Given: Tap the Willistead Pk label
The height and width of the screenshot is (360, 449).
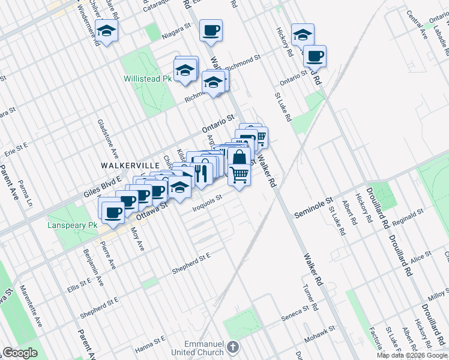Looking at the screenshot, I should coord(147,79).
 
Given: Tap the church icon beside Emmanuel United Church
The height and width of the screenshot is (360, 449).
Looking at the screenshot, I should coord(234,347).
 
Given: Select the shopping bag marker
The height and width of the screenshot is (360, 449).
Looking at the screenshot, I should coord(239,158).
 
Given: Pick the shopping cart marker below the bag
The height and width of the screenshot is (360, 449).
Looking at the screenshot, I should coord(239,175).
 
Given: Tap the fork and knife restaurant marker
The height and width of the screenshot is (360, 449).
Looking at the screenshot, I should coord(200,173).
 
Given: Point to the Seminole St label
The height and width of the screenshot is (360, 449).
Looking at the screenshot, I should coord(313,206).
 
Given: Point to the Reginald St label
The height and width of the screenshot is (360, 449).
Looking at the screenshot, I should coord(408,216).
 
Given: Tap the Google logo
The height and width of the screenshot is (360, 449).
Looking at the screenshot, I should coord(20,353).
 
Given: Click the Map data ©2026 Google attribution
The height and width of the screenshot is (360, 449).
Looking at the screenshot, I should coord(412,355).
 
